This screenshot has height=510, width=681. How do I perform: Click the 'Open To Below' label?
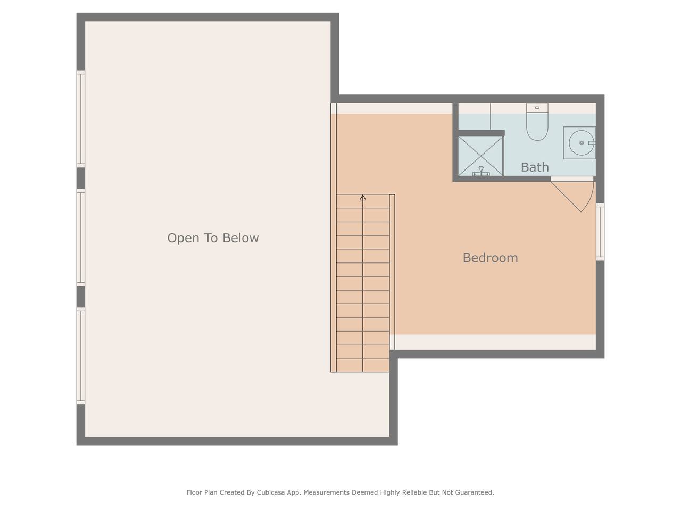pyautogui.click(x=213, y=238)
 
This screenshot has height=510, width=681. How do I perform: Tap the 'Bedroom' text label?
pyautogui.click(x=490, y=258)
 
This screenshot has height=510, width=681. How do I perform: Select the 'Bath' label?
pyautogui.click(x=535, y=167)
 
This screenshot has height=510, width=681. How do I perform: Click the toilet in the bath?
pyautogui.click(x=537, y=122)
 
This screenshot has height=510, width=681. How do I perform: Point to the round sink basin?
pyautogui.click(x=582, y=143)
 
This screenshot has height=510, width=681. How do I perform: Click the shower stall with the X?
pyautogui.click(x=480, y=156)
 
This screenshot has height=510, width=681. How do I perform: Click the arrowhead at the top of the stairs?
pyautogui.click(x=363, y=198)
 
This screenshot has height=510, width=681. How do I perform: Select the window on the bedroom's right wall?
pyautogui.click(x=600, y=232)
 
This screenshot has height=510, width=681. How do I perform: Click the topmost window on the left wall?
pyautogui.click(x=81, y=119)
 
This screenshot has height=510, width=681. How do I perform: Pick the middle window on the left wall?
pyautogui.click(x=81, y=237)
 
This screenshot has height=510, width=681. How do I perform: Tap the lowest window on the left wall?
pyautogui.click(x=81, y=356)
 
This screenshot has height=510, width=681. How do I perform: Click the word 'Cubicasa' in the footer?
pyautogui.click(x=271, y=492)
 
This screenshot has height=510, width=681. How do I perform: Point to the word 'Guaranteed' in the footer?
pyautogui.click(x=475, y=492)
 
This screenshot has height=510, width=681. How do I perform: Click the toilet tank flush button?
pyautogui.click(x=537, y=108)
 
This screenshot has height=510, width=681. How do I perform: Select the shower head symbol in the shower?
pyautogui.click(x=481, y=171)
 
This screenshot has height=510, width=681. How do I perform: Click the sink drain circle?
pyautogui.click(x=582, y=143)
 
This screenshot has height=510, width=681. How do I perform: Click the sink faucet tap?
pyautogui.click(x=592, y=143)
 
